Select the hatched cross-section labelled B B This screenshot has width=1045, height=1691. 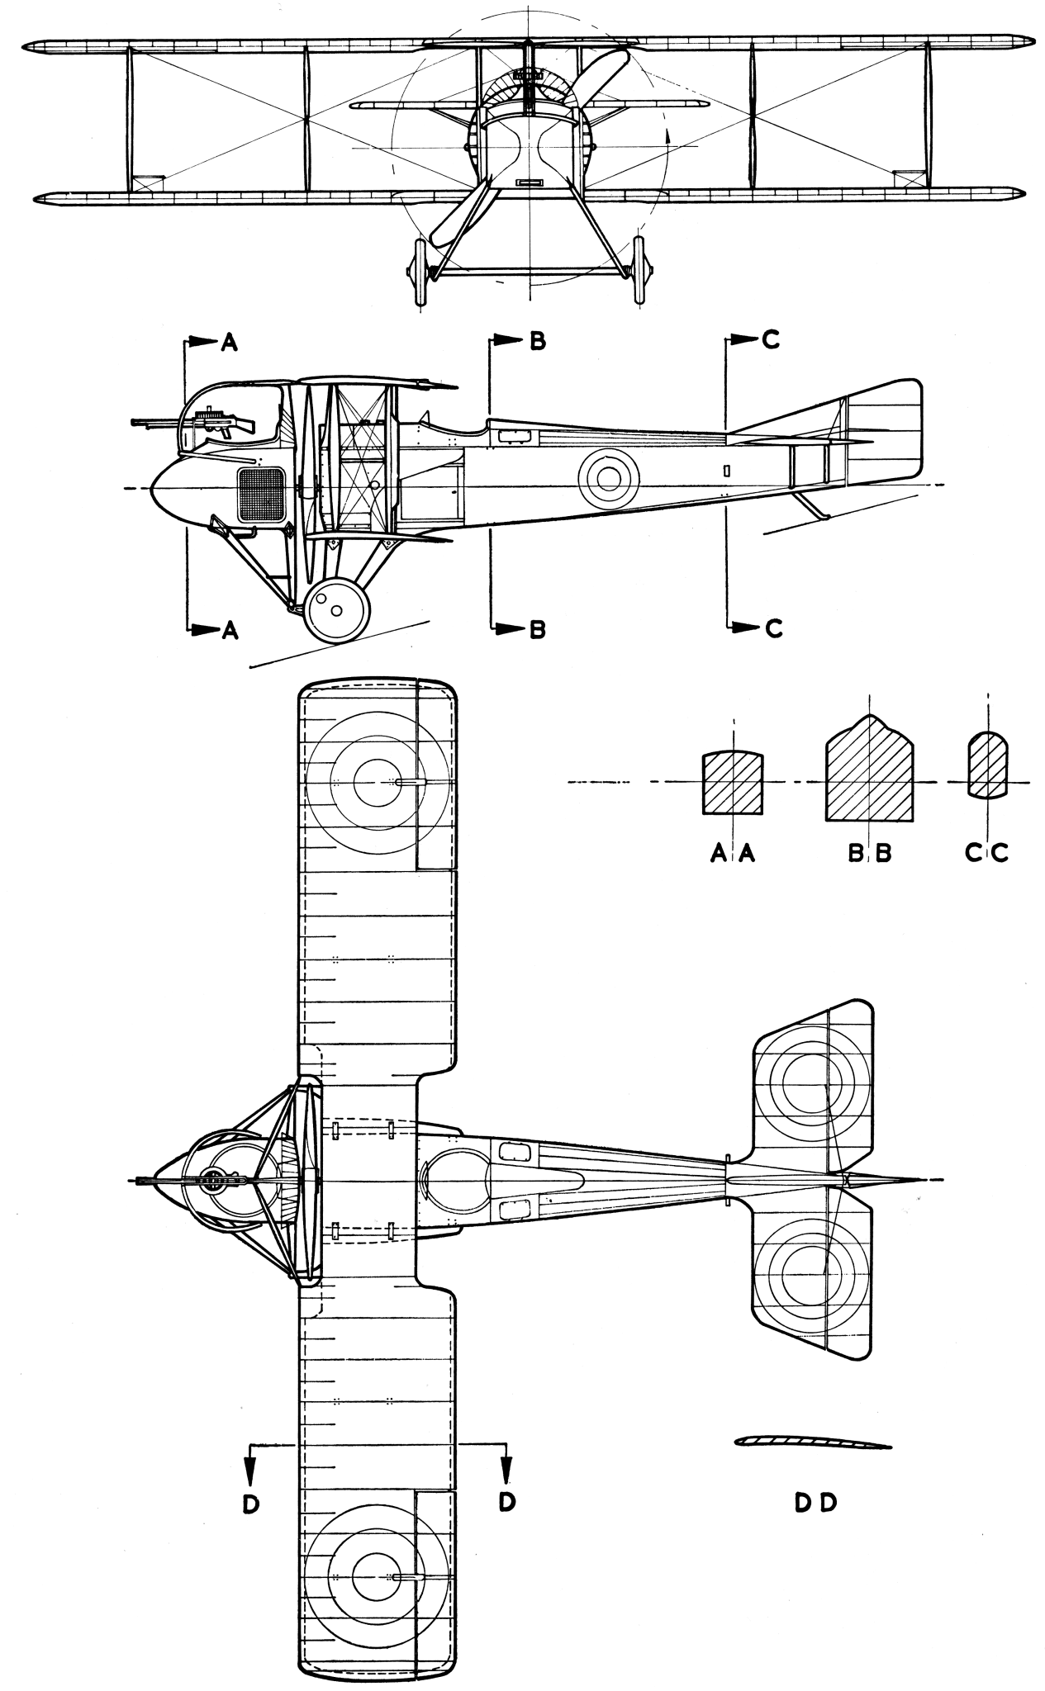coord(869,776)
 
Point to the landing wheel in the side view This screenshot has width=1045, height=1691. coord(336,609)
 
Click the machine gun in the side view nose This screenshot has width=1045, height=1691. coord(207,423)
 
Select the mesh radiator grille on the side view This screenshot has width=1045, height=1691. coord(261,495)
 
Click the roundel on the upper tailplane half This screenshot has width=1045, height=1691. coord(811,1078)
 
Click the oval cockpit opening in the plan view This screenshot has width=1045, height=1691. coord(456,1182)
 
